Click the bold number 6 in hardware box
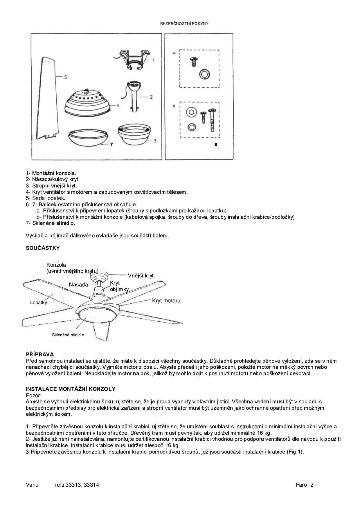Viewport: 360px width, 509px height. point(215,144)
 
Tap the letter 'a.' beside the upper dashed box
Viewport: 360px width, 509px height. point(174,53)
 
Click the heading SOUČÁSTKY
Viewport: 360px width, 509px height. point(43,248)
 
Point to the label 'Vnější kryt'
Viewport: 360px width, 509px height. point(141,276)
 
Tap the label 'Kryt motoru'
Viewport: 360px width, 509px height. point(166,301)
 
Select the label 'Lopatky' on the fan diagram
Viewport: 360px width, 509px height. point(38,303)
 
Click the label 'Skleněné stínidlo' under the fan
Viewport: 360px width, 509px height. point(68,335)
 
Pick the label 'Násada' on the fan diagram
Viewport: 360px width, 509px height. point(78,285)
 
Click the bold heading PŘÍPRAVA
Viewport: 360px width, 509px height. point(40,355)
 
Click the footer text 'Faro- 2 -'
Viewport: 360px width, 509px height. point(306,485)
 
